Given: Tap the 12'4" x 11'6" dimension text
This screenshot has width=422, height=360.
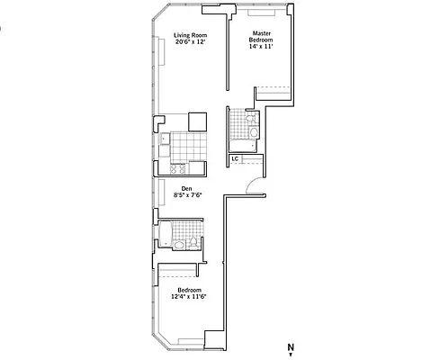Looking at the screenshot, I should click(186, 296).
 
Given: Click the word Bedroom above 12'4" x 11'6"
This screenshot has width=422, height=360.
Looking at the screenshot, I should click(186, 289).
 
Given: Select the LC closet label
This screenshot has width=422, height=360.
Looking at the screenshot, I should click(234, 159).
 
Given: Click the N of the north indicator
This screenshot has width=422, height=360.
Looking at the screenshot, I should click(291, 346).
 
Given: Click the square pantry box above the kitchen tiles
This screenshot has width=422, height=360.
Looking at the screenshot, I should click(197, 121).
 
